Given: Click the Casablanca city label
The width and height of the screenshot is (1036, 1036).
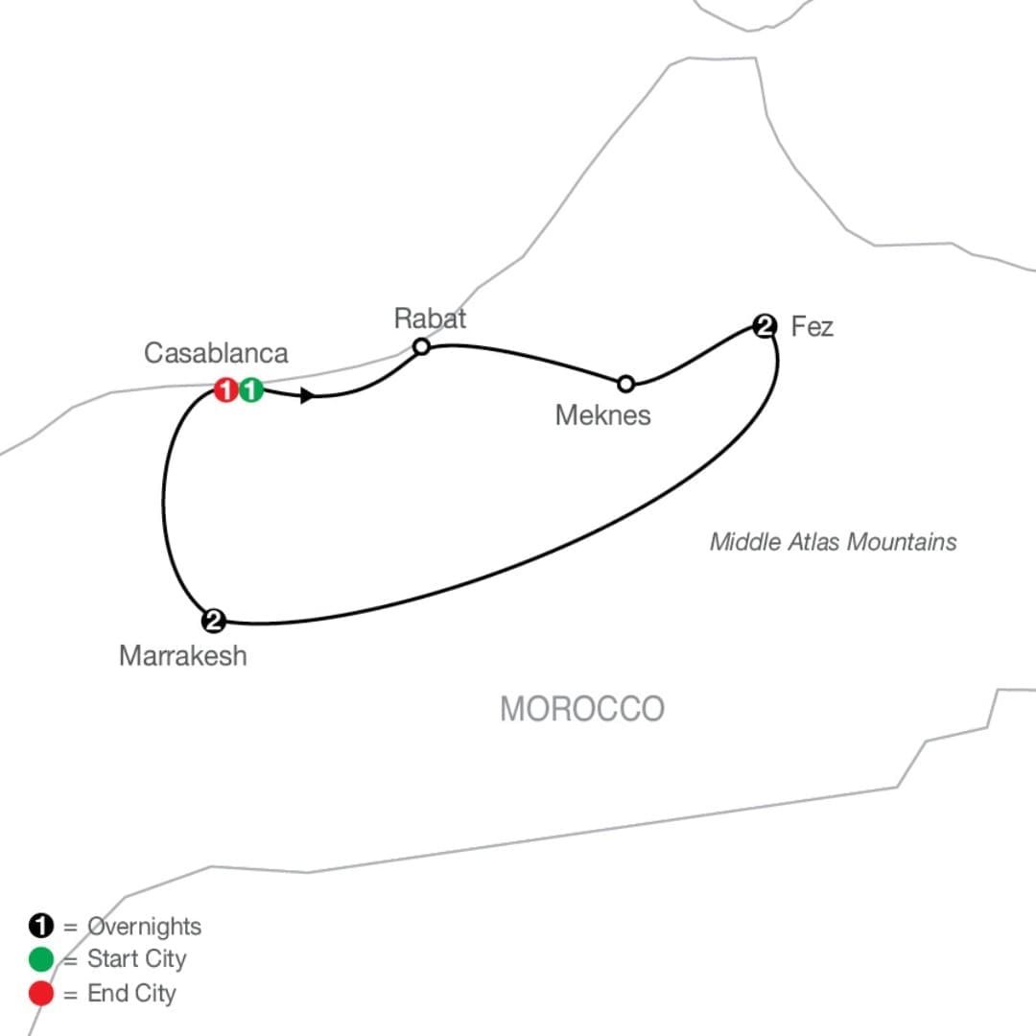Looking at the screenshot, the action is pos(216,353).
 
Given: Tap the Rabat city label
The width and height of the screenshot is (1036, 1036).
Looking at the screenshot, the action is pos(430,318).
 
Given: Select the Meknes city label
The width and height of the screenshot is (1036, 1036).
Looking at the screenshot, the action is pos(603,415).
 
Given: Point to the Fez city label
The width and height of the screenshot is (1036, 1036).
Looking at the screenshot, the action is pos(812,326).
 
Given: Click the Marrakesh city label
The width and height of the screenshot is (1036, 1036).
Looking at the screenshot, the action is pos(183,656).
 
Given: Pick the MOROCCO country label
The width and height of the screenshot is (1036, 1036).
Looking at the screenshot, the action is pos(582,709).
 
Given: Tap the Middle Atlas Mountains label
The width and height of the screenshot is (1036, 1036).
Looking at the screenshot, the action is pos(834,542).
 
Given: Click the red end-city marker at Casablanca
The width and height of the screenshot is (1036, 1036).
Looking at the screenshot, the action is pos(226,389).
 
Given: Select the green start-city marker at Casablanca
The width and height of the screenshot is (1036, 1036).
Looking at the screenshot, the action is pos(251,389).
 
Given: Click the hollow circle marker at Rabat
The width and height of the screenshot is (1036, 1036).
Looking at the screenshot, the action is pos(421,346).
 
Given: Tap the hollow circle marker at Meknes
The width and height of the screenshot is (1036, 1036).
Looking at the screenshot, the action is pos(625,384).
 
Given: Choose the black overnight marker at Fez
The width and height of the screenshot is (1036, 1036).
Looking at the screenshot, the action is pos(765,326).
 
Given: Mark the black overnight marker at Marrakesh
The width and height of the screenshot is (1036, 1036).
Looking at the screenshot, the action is pos(213,621).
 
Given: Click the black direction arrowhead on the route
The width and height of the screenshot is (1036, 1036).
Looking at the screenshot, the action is pos(307,396).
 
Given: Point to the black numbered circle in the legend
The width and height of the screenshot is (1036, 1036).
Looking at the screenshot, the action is pos(40,926).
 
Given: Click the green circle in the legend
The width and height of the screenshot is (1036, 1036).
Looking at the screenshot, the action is pos(40,959).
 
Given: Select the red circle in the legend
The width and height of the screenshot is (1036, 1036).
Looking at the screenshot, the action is pos(40,993).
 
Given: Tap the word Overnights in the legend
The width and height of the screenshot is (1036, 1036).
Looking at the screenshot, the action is pos(144,927).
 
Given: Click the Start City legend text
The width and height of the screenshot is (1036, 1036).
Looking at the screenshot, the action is pos(137,959).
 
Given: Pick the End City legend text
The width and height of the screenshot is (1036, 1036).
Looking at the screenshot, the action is pos(132,993).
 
